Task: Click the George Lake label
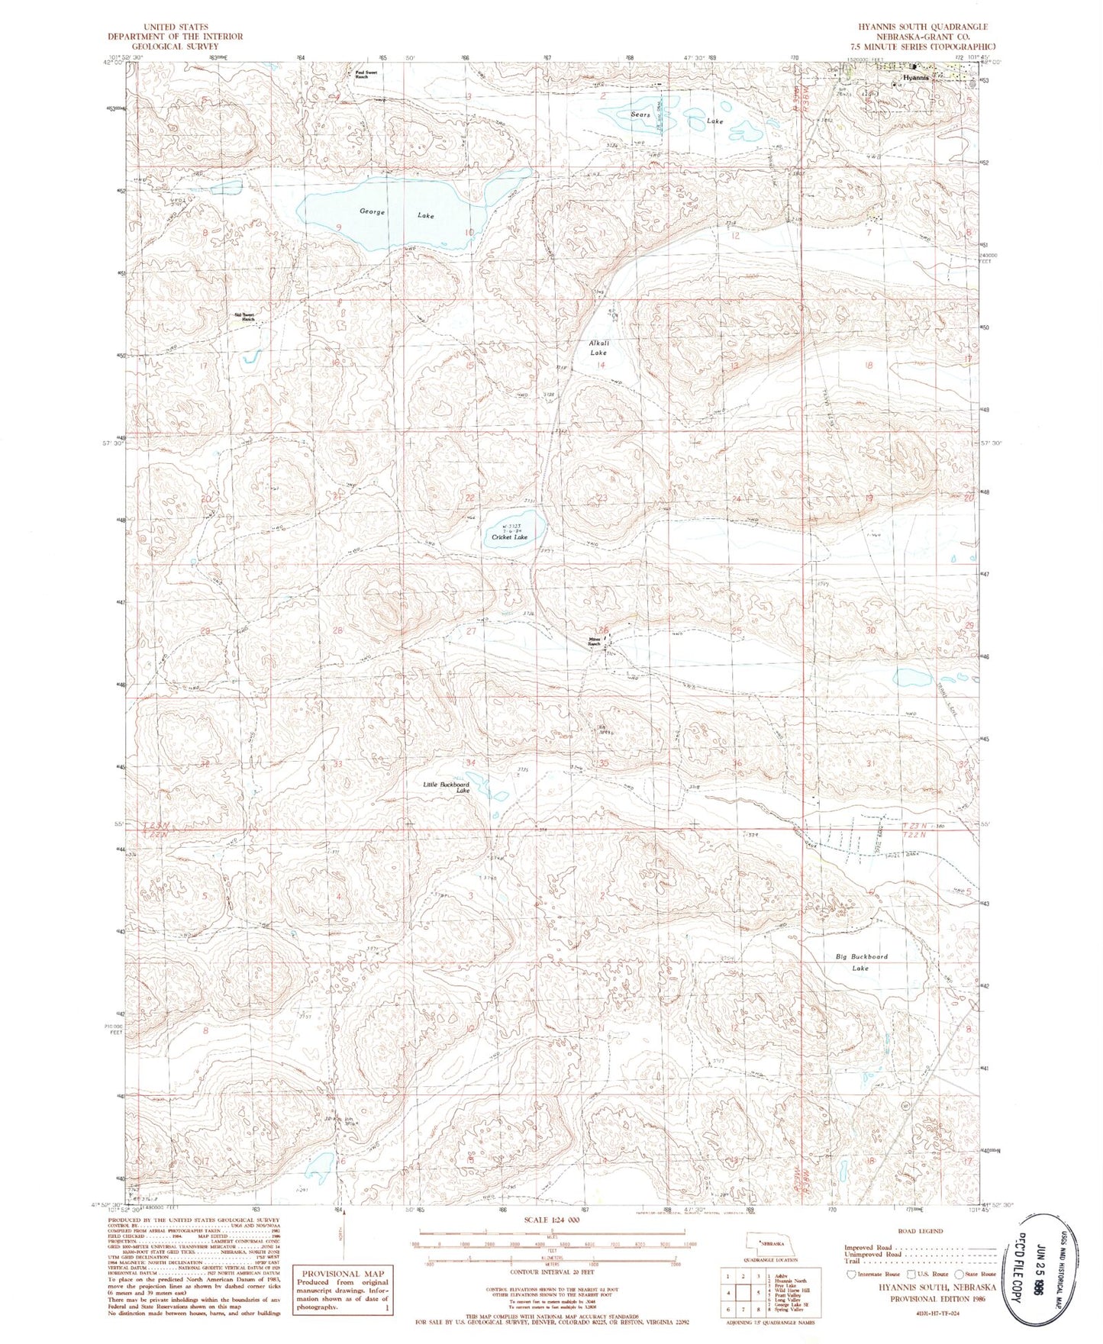tap(392, 214)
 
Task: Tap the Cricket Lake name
tap(509, 537)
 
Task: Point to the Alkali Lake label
tap(598, 348)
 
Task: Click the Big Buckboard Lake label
tap(861, 962)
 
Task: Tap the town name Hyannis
tap(915, 78)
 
